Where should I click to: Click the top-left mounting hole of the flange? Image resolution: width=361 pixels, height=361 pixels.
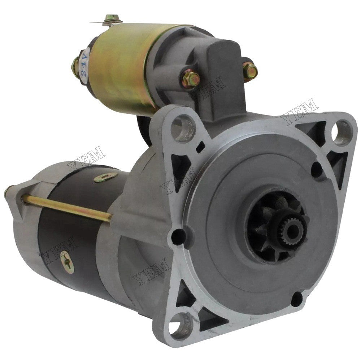182,125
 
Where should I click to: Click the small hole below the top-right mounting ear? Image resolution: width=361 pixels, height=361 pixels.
317,168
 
